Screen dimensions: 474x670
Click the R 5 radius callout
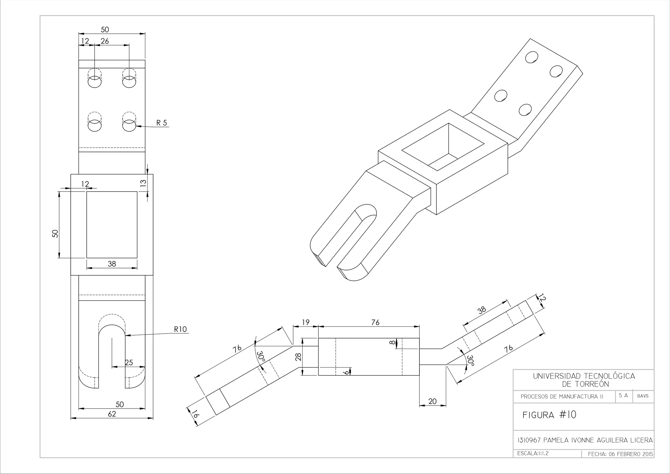click(161, 123)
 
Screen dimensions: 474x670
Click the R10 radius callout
click(180, 329)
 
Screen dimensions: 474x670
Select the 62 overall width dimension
click(112, 414)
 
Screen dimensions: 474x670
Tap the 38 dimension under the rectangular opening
click(112, 264)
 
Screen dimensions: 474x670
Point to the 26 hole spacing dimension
click(105, 41)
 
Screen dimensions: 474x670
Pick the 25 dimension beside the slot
click(129, 362)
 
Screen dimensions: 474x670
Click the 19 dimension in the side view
click(306, 322)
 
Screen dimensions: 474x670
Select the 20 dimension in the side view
click(432, 401)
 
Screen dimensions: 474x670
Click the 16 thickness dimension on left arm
click(195, 414)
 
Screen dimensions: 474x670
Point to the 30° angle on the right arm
click(470, 361)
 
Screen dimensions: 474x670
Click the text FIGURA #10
click(549, 415)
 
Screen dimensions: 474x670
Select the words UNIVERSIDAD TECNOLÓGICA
click(584, 376)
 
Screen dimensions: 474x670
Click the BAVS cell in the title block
click(643, 396)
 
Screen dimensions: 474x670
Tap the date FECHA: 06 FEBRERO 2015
click(620, 454)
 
